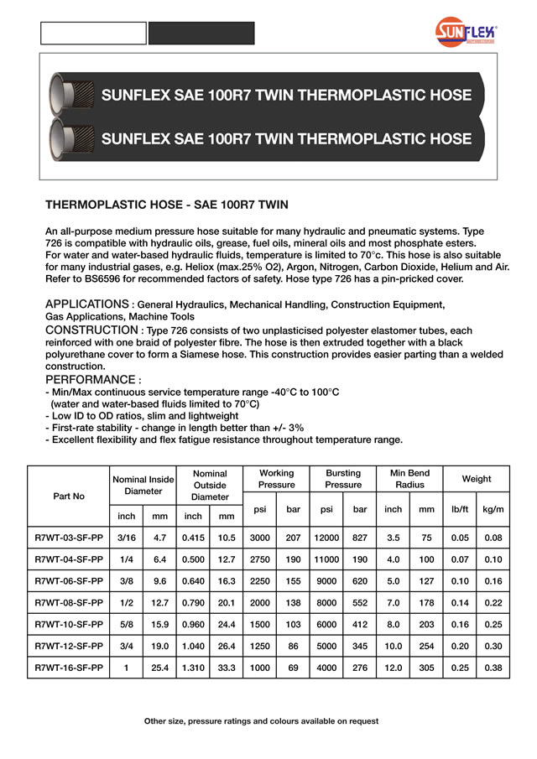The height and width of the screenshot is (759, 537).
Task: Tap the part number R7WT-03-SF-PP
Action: pos(69,537)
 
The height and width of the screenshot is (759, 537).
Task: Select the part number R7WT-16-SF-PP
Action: pos(69,668)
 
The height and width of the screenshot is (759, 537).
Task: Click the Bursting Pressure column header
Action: pos(343,479)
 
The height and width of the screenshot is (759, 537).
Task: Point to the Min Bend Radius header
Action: pos(409,479)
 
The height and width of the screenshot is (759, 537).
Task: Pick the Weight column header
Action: pos(477,479)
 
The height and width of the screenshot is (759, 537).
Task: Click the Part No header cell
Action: pos(69,496)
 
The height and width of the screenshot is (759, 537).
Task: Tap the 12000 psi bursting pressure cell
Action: pos(326,537)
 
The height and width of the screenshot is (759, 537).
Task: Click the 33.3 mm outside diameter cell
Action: pos(227,668)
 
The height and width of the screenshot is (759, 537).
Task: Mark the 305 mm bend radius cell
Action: pos(426,668)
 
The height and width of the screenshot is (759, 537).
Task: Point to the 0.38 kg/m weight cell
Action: pos(493,668)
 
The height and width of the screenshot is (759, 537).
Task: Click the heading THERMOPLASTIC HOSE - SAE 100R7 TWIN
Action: pos(166,205)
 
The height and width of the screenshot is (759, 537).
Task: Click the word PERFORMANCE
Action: pos(91,380)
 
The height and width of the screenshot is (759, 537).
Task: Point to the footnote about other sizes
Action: pos(261,721)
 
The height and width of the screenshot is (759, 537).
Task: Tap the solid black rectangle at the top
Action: pos(201,33)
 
